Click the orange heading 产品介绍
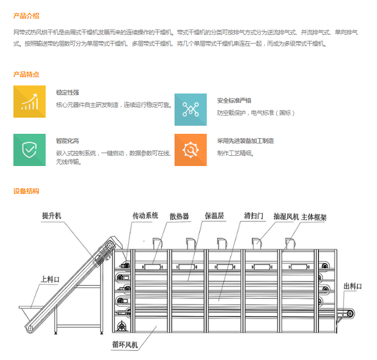tap(26, 16)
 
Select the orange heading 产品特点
tap(26, 75)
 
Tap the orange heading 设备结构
tap(26, 191)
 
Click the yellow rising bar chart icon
tap(30, 102)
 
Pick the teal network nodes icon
tap(191, 110)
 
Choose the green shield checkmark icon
tap(30, 150)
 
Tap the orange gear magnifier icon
tap(191, 150)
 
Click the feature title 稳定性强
tap(68, 92)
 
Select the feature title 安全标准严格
tap(234, 100)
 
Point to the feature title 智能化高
tap(68, 141)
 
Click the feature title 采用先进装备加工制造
tap(245, 141)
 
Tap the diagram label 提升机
tap(52, 215)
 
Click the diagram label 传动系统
tap(145, 215)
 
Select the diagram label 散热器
tap(179, 217)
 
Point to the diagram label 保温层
tap(214, 215)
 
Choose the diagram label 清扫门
tap(253, 215)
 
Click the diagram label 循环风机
tap(125, 344)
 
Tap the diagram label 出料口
tap(353, 286)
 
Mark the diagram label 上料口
tap(50, 279)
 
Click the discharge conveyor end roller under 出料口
tap(350, 314)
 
